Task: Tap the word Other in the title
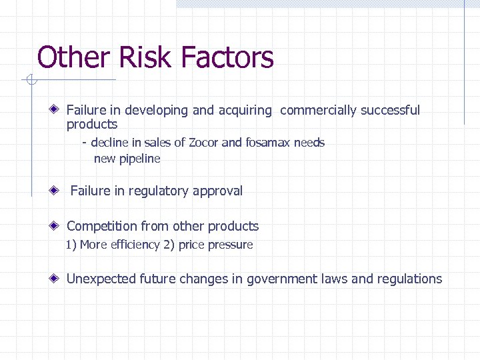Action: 74,57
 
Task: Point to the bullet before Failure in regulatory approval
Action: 58,191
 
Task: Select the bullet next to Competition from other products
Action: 58,227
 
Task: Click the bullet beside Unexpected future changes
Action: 58,279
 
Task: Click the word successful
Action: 391,111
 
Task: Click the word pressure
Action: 231,245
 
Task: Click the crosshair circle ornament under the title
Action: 29,81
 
